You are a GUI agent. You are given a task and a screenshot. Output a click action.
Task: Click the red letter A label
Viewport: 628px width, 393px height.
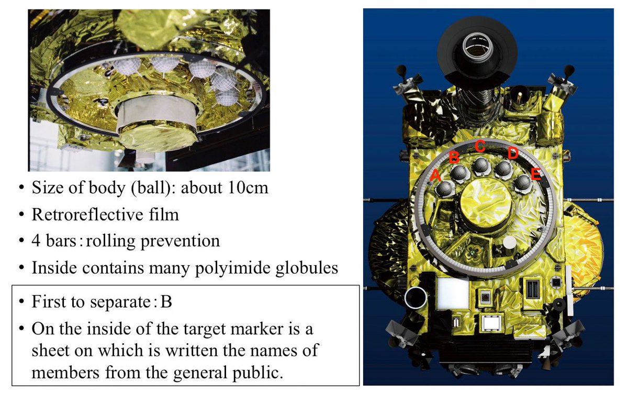435,175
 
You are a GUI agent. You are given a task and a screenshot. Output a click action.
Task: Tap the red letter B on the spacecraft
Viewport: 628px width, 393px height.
454,157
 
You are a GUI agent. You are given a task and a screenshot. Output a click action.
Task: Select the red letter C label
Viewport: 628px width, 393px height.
480,146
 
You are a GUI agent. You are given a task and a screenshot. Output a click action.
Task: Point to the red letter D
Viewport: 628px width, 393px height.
513,154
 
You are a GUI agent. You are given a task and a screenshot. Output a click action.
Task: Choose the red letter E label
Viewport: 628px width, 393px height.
536,174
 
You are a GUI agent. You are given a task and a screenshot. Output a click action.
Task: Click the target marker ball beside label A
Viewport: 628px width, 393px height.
445,188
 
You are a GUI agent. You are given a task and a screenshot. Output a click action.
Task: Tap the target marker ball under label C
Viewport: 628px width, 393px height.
481,166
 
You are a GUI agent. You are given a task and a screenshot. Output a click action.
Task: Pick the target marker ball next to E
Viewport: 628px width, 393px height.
523,183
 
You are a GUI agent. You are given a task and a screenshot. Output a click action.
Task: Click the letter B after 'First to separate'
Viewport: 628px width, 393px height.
166,302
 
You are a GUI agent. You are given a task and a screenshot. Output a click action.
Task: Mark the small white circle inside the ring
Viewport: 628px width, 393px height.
509,243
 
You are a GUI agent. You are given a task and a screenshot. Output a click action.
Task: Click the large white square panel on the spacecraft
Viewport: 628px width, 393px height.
453,293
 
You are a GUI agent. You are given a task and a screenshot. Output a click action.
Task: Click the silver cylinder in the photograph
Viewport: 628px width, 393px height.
157,112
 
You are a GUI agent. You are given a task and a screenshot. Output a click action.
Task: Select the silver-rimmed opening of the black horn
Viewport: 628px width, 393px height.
477,46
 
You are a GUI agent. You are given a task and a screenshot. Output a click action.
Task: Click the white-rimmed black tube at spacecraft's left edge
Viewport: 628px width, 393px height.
416,298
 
